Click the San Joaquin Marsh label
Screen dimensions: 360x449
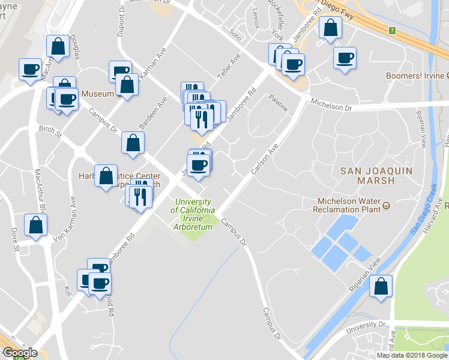[367, 175]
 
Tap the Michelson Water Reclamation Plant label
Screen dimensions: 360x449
[347, 205]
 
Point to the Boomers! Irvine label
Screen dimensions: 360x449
[415, 76]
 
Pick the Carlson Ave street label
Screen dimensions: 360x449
[265, 160]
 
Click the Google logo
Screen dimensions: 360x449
[19, 353]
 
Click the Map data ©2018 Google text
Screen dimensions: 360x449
[412, 355]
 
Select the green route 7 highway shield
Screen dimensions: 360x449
[392, 30]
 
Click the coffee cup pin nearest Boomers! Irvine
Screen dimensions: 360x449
[345, 58]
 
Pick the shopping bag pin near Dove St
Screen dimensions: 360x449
[35, 225]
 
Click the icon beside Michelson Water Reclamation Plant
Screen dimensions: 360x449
[387, 206]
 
